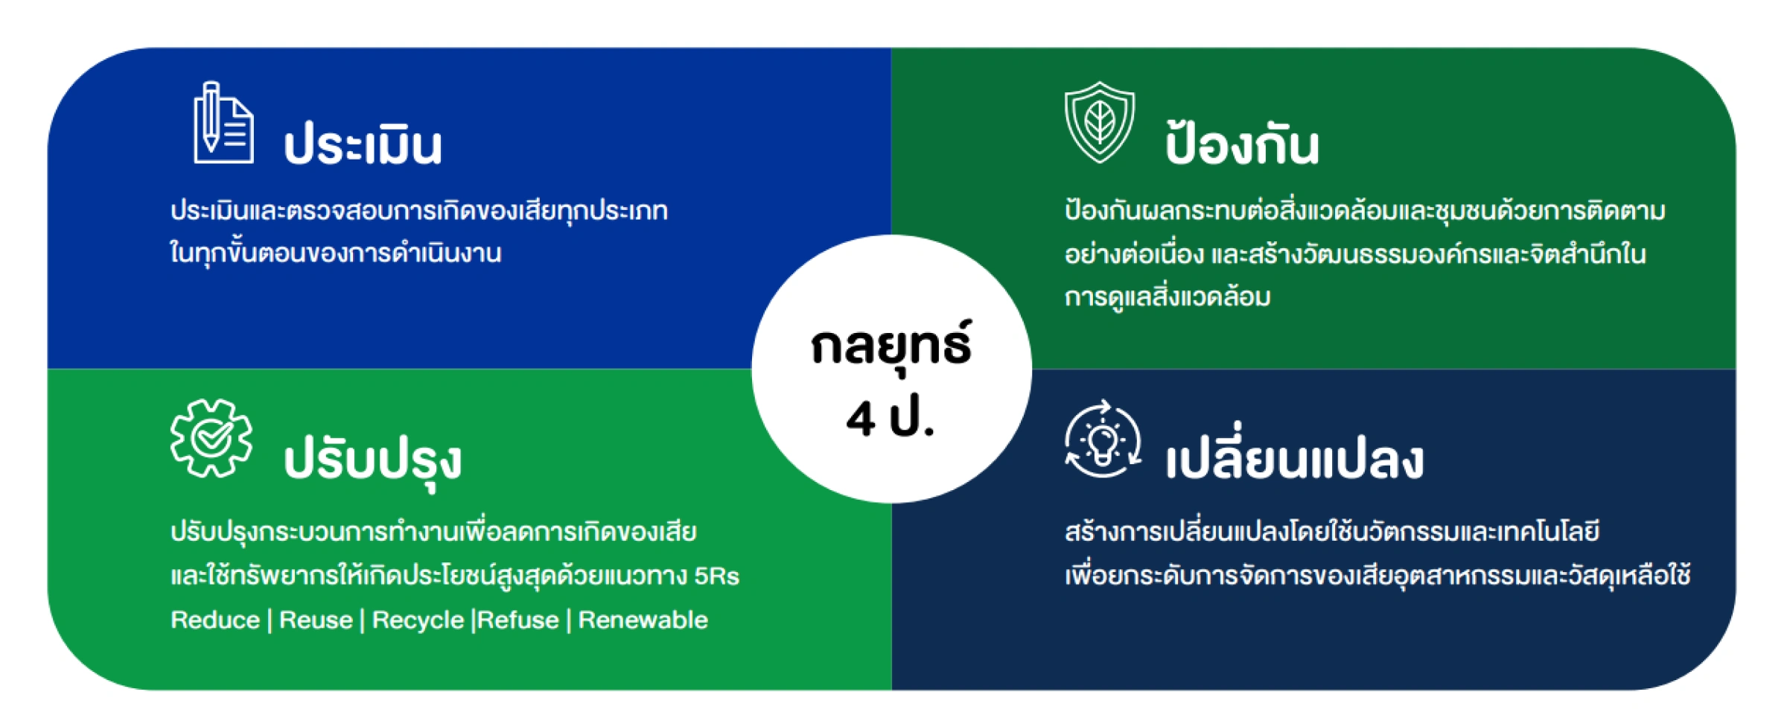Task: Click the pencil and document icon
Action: [223, 123]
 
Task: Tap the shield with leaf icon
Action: [1100, 122]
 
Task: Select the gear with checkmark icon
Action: [211, 438]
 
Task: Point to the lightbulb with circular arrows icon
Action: [1103, 439]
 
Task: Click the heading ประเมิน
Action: [363, 145]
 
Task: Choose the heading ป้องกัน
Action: [1242, 142]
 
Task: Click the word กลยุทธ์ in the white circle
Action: [891, 345]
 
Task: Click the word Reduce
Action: [215, 620]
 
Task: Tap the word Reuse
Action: [316, 620]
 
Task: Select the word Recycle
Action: [418, 620]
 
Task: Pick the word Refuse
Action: [518, 620]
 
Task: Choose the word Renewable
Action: [643, 620]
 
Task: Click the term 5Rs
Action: [716, 576]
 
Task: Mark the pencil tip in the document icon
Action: [211, 147]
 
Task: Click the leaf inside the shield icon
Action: [1100, 121]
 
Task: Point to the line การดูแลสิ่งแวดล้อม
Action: [1167, 297]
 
